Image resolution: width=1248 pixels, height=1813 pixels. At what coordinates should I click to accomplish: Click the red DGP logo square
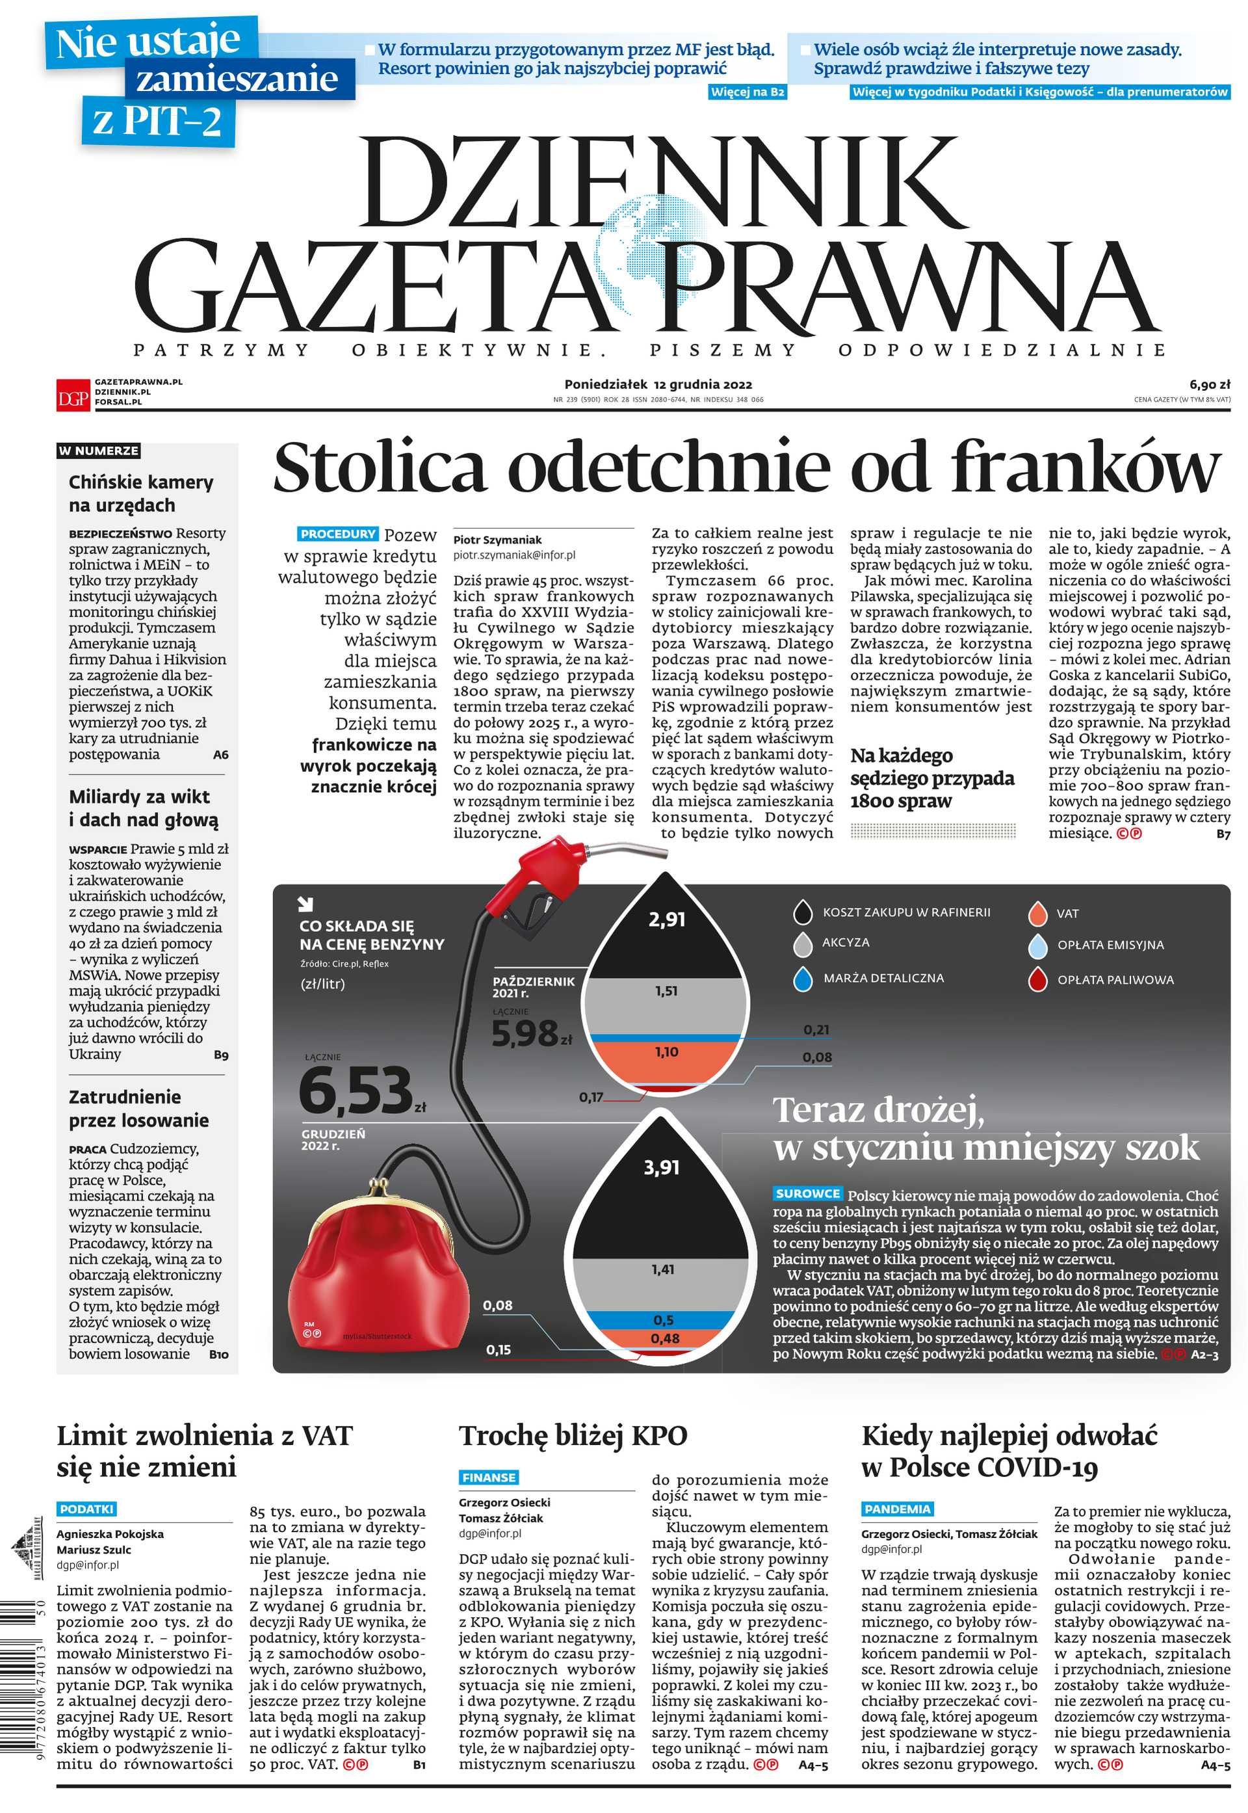[72, 393]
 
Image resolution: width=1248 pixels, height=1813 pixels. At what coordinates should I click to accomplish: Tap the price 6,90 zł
[1210, 384]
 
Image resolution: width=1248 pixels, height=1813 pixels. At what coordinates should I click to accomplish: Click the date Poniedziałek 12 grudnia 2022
[658, 384]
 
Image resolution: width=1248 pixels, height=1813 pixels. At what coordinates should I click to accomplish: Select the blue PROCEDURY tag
[338, 534]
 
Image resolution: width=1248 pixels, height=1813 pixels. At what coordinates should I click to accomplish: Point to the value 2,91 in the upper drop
[666, 919]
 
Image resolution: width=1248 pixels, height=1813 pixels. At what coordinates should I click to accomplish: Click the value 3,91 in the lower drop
[662, 1168]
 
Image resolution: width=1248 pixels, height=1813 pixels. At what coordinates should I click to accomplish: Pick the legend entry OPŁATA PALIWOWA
[1114, 980]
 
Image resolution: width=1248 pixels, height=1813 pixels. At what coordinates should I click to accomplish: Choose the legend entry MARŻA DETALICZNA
[883, 979]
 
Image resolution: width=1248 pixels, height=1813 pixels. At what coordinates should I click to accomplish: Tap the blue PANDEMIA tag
[897, 1509]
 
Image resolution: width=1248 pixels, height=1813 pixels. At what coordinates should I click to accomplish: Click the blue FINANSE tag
[489, 1477]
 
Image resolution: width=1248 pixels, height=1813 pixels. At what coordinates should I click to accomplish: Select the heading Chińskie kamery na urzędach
[141, 494]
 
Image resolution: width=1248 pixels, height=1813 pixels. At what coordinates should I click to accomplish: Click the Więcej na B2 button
[747, 92]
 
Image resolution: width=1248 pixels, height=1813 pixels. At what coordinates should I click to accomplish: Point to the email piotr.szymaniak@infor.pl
[513, 555]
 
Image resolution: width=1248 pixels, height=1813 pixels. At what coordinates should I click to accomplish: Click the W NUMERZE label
[99, 451]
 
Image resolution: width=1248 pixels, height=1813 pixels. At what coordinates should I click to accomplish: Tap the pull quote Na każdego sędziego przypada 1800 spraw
[931, 778]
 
